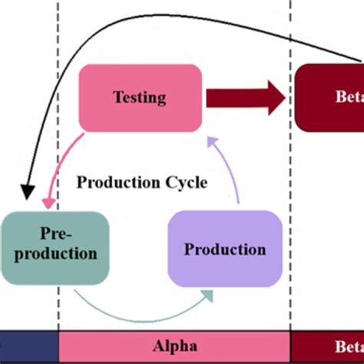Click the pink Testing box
[x=141, y=97]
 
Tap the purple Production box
[x=224, y=249]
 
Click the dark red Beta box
[x=330, y=98]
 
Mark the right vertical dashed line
[x=290, y=192]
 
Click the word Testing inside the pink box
[x=141, y=97]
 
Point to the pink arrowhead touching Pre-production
[x=49, y=204]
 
